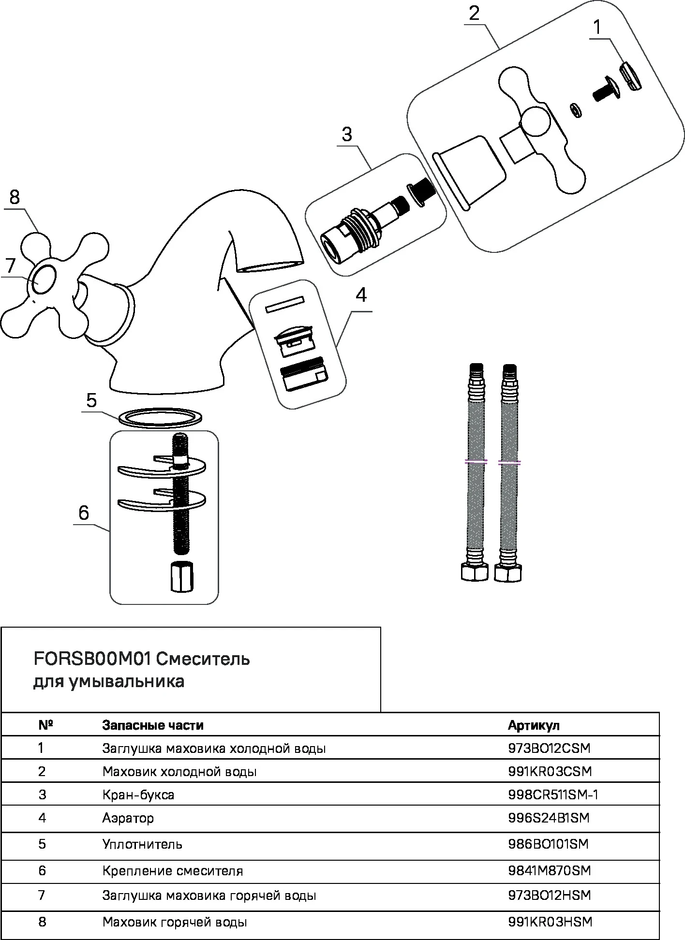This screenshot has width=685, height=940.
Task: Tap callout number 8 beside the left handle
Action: click(15, 198)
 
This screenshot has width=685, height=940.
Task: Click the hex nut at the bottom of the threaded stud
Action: click(181, 576)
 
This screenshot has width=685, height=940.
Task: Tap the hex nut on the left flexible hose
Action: click(472, 572)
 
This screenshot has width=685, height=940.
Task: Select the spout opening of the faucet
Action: click(269, 266)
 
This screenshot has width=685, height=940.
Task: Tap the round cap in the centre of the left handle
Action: click(44, 279)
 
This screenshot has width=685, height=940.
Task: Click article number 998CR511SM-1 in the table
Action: click(553, 794)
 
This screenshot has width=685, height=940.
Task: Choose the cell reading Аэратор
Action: click(128, 818)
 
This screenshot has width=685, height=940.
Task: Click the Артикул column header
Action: click(534, 725)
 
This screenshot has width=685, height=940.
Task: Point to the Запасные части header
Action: click(153, 725)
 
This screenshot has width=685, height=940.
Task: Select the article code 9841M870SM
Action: click(550, 870)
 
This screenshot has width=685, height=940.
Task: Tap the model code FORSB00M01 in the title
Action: click(92, 659)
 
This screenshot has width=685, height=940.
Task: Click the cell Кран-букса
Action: click(138, 794)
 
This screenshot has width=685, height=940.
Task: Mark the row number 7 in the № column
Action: click(42, 895)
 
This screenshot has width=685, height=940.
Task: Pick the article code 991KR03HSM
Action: click(550, 922)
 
